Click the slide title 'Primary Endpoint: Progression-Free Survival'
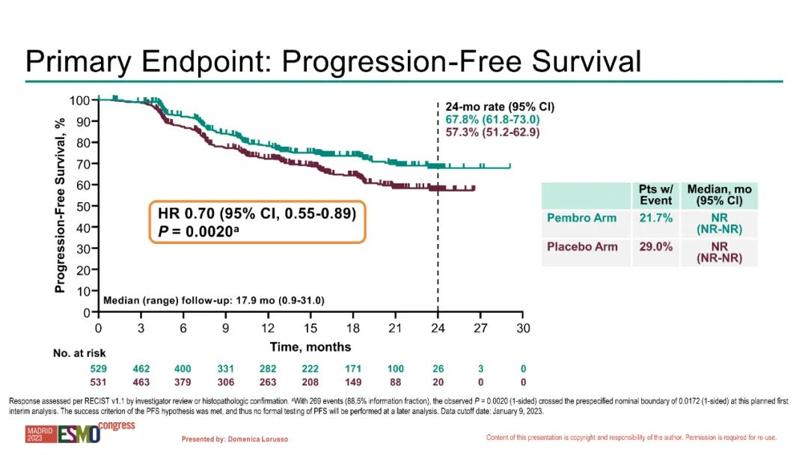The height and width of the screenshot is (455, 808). [x=333, y=61]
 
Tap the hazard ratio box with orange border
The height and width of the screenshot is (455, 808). [x=257, y=222]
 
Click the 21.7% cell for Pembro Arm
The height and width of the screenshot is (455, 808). [x=655, y=218]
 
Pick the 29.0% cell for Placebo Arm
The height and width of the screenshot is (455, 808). [x=655, y=246]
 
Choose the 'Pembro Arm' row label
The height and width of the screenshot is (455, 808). [x=583, y=218]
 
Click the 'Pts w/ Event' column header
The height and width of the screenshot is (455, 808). [x=655, y=195]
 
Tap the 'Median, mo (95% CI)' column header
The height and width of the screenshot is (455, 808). [x=720, y=195]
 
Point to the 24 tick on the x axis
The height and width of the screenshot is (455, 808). [x=438, y=328]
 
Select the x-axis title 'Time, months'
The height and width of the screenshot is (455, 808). [x=310, y=346]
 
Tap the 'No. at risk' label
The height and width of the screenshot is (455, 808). [x=79, y=352]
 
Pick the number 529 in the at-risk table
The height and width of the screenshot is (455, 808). [x=98, y=369]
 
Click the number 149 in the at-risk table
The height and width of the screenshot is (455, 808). [x=352, y=382]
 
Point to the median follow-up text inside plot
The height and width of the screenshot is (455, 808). [x=213, y=300]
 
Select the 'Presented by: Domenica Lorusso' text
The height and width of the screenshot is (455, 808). [x=235, y=439]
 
